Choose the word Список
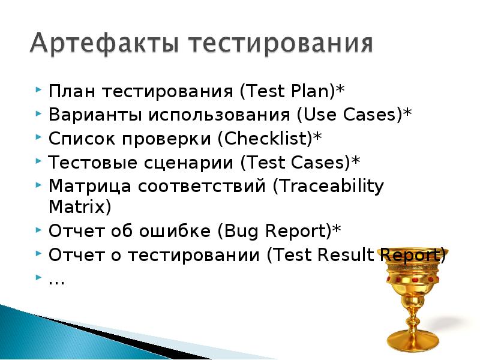coord(82,138)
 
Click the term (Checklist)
coord(265,138)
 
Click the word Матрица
coord(89,185)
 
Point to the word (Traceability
coord(328,186)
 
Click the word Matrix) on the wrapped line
coord(79,207)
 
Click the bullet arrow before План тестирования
coord(38,91)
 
